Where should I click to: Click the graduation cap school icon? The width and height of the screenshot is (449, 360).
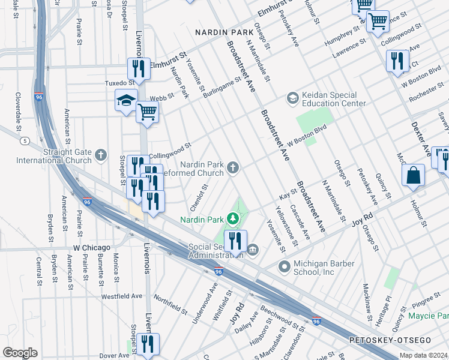[126, 101]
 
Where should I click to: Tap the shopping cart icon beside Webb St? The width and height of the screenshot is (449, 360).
[147, 111]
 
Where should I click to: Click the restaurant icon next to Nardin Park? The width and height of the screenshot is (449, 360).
[235, 241]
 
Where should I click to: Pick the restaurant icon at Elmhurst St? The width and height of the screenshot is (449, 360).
[139, 68]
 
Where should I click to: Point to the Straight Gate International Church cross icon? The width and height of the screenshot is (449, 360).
[100, 156]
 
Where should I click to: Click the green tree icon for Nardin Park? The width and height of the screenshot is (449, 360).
[232, 220]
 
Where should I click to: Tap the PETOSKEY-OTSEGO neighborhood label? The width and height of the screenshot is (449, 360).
[390, 340]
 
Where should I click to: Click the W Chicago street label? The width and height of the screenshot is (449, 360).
[92, 248]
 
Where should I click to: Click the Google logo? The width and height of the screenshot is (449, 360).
[20, 352]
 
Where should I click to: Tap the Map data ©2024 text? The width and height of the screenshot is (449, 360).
[424, 355]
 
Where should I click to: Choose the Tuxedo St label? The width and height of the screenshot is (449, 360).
[121, 83]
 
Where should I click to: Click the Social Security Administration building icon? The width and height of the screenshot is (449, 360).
[253, 250]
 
